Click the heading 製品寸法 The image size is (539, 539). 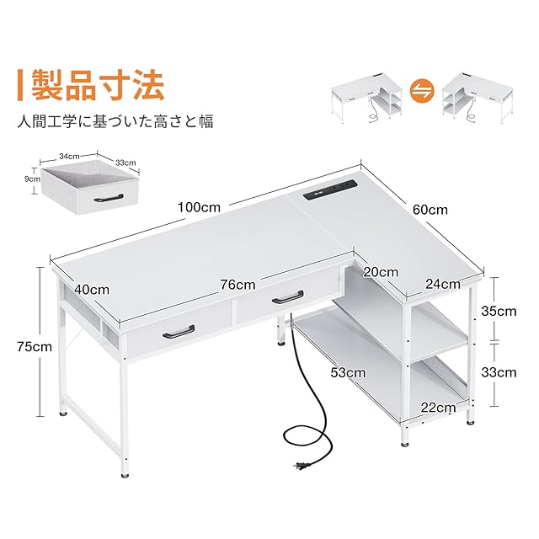pyautogui.click(x=98, y=85)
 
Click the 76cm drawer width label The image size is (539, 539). pyautogui.click(x=237, y=285)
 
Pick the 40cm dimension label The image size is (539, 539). pyautogui.click(x=92, y=289)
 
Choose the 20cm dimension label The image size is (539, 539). pyautogui.click(x=382, y=271)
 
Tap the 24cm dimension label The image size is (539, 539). pyautogui.click(x=442, y=284)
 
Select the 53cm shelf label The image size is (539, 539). pyautogui.click(x=348, y=371)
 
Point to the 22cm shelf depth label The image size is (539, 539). pyautogui.click(x=438, y=408)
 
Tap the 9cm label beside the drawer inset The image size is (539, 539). pyautogui.click(x=32, y=179)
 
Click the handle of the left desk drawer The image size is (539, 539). pyautogui.click(x=178, y=331)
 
